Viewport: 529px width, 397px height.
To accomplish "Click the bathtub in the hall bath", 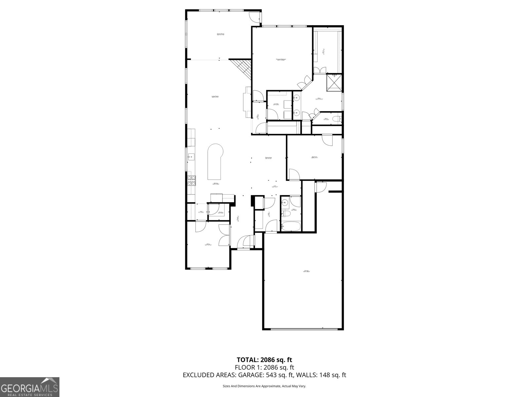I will pyautogui.click(x=291, y=227).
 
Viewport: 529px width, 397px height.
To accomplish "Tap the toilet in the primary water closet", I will pyautogui.click(x=337, y=119).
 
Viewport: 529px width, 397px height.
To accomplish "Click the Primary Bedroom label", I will pyautogui.click(x=281, y=60).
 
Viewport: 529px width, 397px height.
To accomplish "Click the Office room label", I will pyautogui.click(x=208, y=244).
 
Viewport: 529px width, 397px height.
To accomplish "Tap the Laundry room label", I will pyautogui.click(x=276, y=104).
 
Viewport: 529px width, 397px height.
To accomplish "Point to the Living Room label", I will pyautogui.click(x=215, y=97).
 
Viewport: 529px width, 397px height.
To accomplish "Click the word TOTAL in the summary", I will pyautogui.click(x=248, y=360).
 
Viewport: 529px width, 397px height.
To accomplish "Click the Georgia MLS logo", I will pyautogui.click(x=29, y=387).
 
